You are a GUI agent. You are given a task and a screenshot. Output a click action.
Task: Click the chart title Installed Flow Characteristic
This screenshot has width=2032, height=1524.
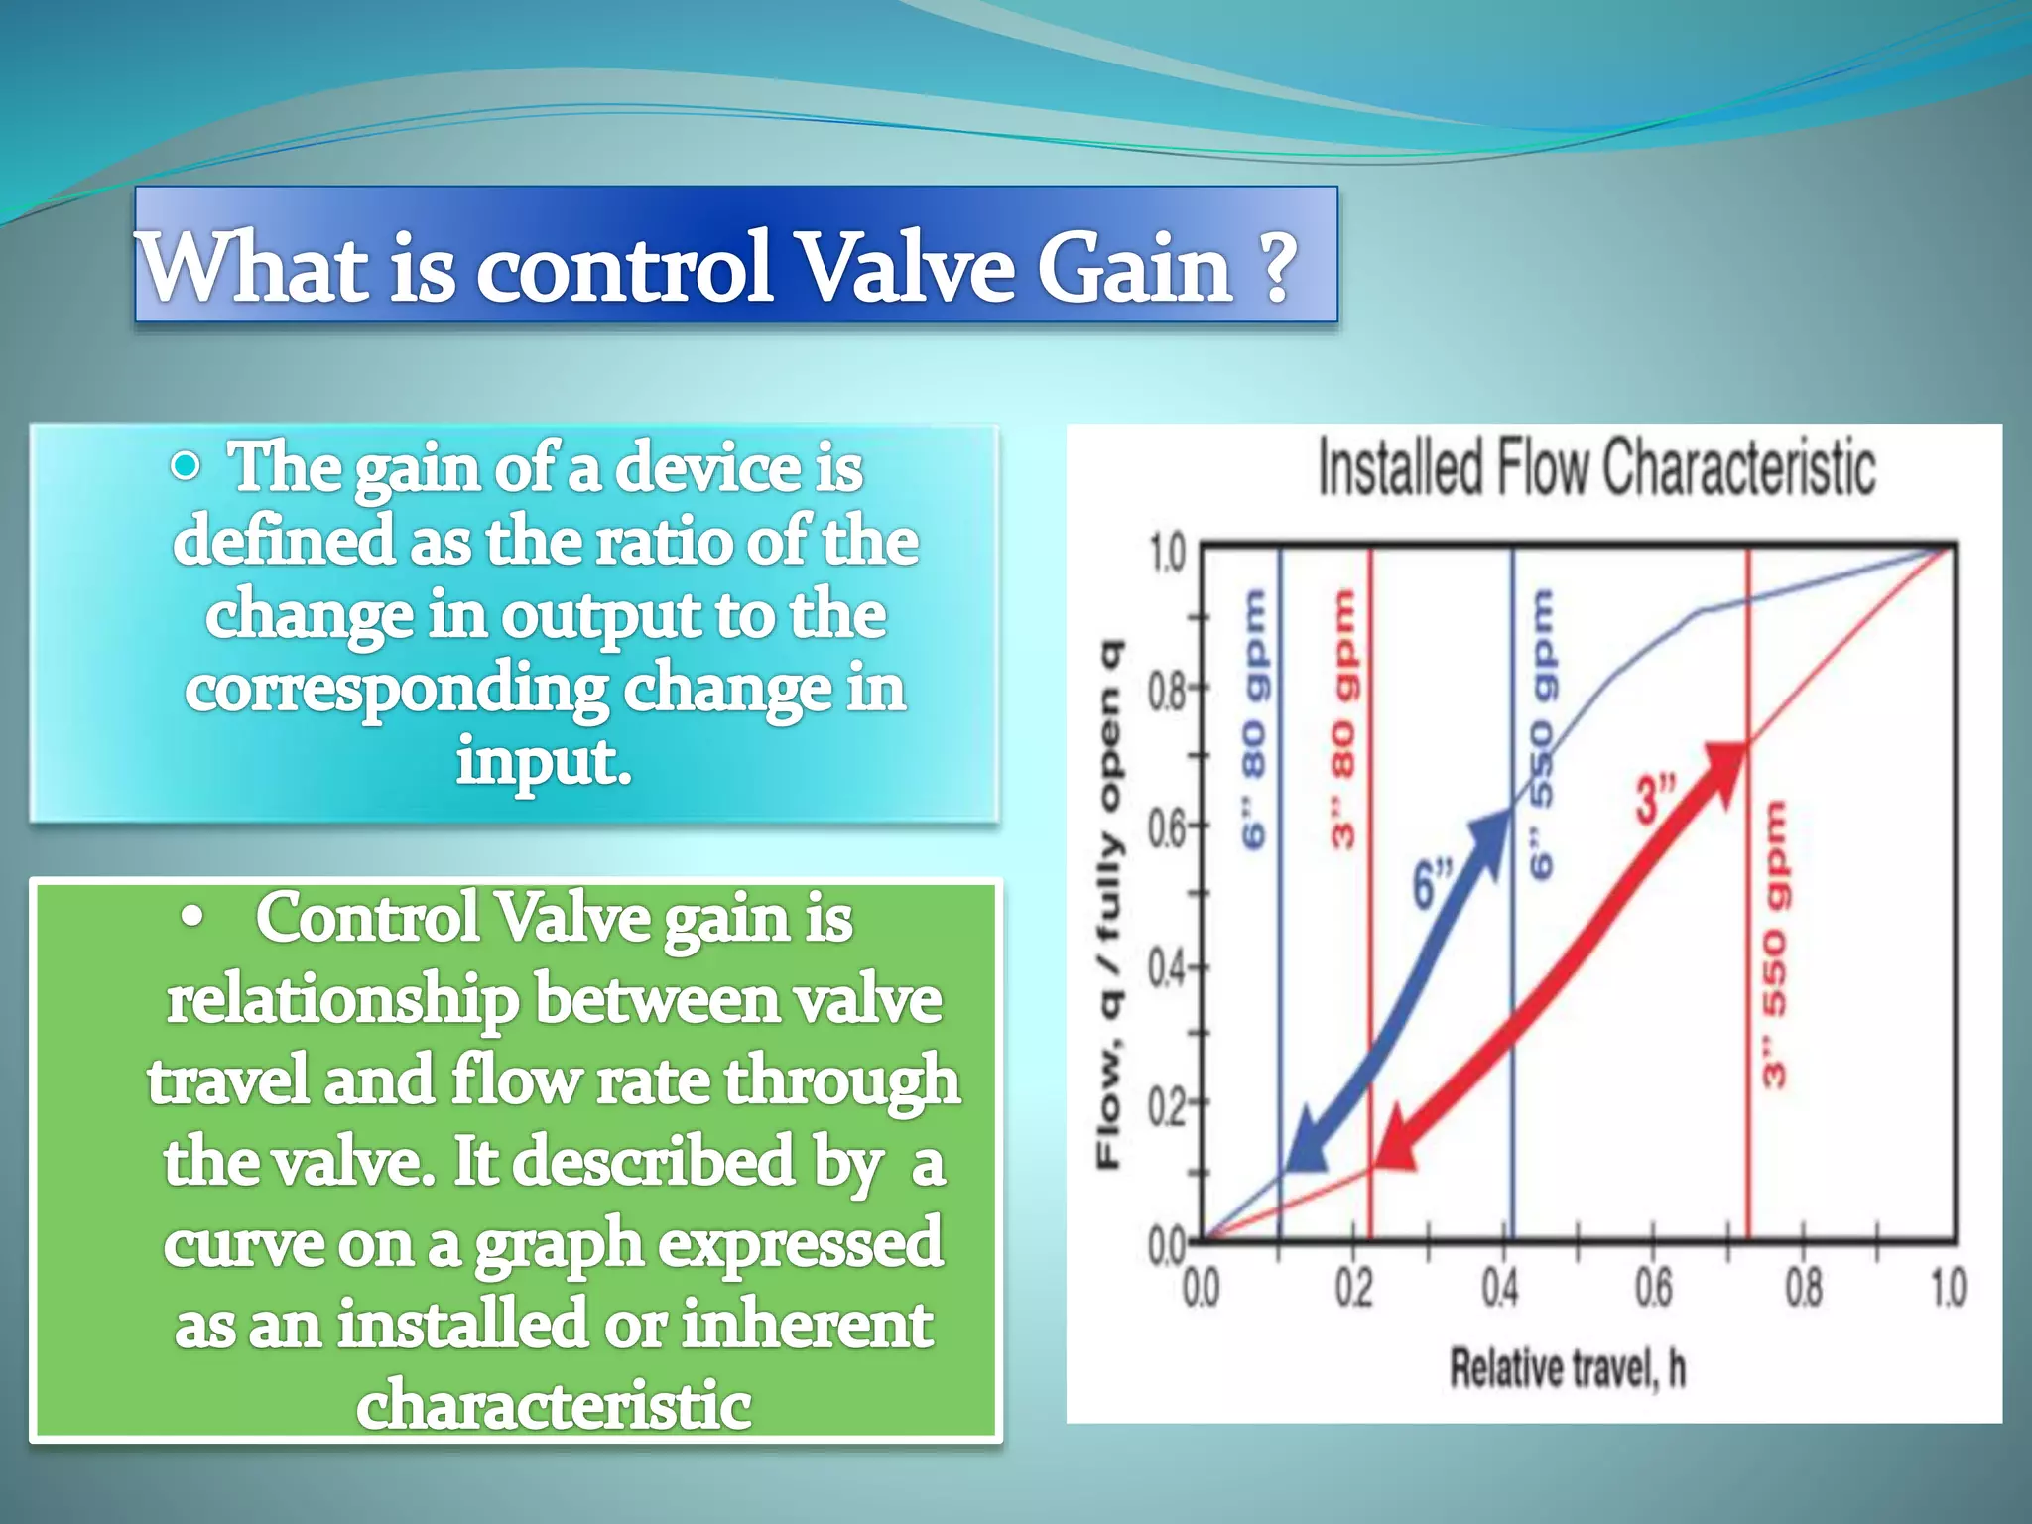click(1595, 467)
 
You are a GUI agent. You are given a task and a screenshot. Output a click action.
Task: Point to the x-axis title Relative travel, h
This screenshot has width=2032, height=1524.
click(1568, 1368)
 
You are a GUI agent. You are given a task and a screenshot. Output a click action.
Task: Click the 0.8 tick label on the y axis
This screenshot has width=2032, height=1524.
click(1167, 691)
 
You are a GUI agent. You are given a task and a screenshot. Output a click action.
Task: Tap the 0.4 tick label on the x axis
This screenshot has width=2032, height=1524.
click(1500, 1289)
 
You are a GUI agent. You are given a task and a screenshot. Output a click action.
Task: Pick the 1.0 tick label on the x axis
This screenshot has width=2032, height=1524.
click(1947, 1289)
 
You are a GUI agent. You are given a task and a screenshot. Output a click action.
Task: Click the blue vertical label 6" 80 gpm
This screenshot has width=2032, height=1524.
click(1254, 720)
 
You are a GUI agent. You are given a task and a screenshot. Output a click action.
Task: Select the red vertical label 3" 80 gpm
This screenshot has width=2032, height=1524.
click(1342, 720)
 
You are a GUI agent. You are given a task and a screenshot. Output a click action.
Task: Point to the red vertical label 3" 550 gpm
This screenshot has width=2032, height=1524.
click(1775, 943)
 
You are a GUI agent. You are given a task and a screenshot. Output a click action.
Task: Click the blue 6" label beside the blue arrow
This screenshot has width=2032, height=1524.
click(1432, 884)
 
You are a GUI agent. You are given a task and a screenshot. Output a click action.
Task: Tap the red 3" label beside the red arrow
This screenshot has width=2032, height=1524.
click(1654, 800)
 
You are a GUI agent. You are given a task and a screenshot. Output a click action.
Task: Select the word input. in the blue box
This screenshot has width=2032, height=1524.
click(544, 762)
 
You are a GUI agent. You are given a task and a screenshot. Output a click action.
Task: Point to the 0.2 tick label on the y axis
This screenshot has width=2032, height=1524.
click(1167, 1105)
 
